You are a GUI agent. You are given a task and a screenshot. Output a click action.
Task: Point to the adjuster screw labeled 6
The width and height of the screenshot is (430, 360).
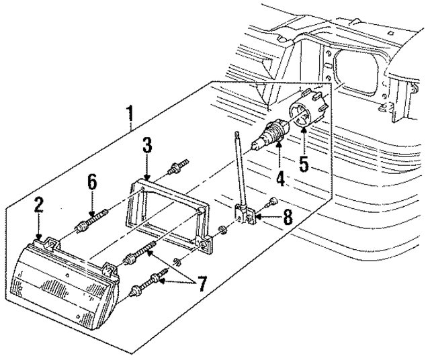(94, 219)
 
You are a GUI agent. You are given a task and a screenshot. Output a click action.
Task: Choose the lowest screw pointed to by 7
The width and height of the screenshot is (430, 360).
(146, 283)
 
